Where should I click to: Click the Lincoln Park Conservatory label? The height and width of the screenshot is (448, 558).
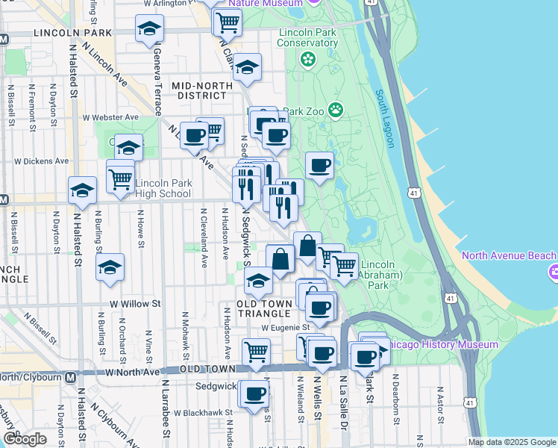click(x=308, y=37)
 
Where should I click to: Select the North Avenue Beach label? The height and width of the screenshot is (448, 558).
click(x=504, y=255)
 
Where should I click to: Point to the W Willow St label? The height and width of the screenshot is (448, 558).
click(x=135, y=304)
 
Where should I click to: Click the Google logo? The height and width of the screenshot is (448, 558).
click(x=25, y=439)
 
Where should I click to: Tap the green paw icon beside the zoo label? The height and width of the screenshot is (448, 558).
click(x=336, y=111)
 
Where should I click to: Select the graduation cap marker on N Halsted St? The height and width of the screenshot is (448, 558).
click(x=82, y=190)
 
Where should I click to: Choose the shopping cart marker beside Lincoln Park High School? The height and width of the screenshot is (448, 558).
click(x=120, y=177)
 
